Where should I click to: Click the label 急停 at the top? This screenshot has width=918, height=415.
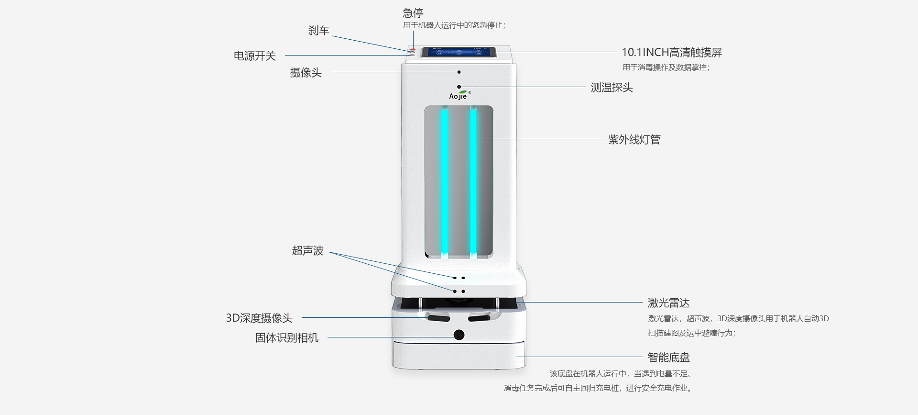(x=413, y=13)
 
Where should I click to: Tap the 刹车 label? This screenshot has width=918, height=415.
(x=318, y=31)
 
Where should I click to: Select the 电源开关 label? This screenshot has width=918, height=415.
(x=255, y=56)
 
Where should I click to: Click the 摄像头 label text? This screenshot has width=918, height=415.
(x=306, y=72)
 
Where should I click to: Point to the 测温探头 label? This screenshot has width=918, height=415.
(x=612, y=88)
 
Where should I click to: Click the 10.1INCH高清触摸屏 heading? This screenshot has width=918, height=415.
(x=671, y=53)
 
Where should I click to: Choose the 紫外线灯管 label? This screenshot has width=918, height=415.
(x=634, y=140)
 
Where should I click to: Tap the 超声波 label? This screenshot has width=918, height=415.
(x=308, y=251)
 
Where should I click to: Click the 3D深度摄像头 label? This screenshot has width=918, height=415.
(x=259, y=318)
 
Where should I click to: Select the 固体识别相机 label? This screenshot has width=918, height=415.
(x=287, y=338)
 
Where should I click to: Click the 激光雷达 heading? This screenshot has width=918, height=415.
(x=668, y=303)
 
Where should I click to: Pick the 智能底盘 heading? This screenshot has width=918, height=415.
(x=668, y=358)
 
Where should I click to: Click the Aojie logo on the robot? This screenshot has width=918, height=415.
(x=459, y=96)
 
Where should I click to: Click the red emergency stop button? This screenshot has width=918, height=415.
(x=413, y=50)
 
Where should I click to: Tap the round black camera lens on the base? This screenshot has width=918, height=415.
(x=459, y=335)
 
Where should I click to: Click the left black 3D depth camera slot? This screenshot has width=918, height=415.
(x=438, y=318)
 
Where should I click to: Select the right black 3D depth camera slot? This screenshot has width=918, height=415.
(x=479, y=318)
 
